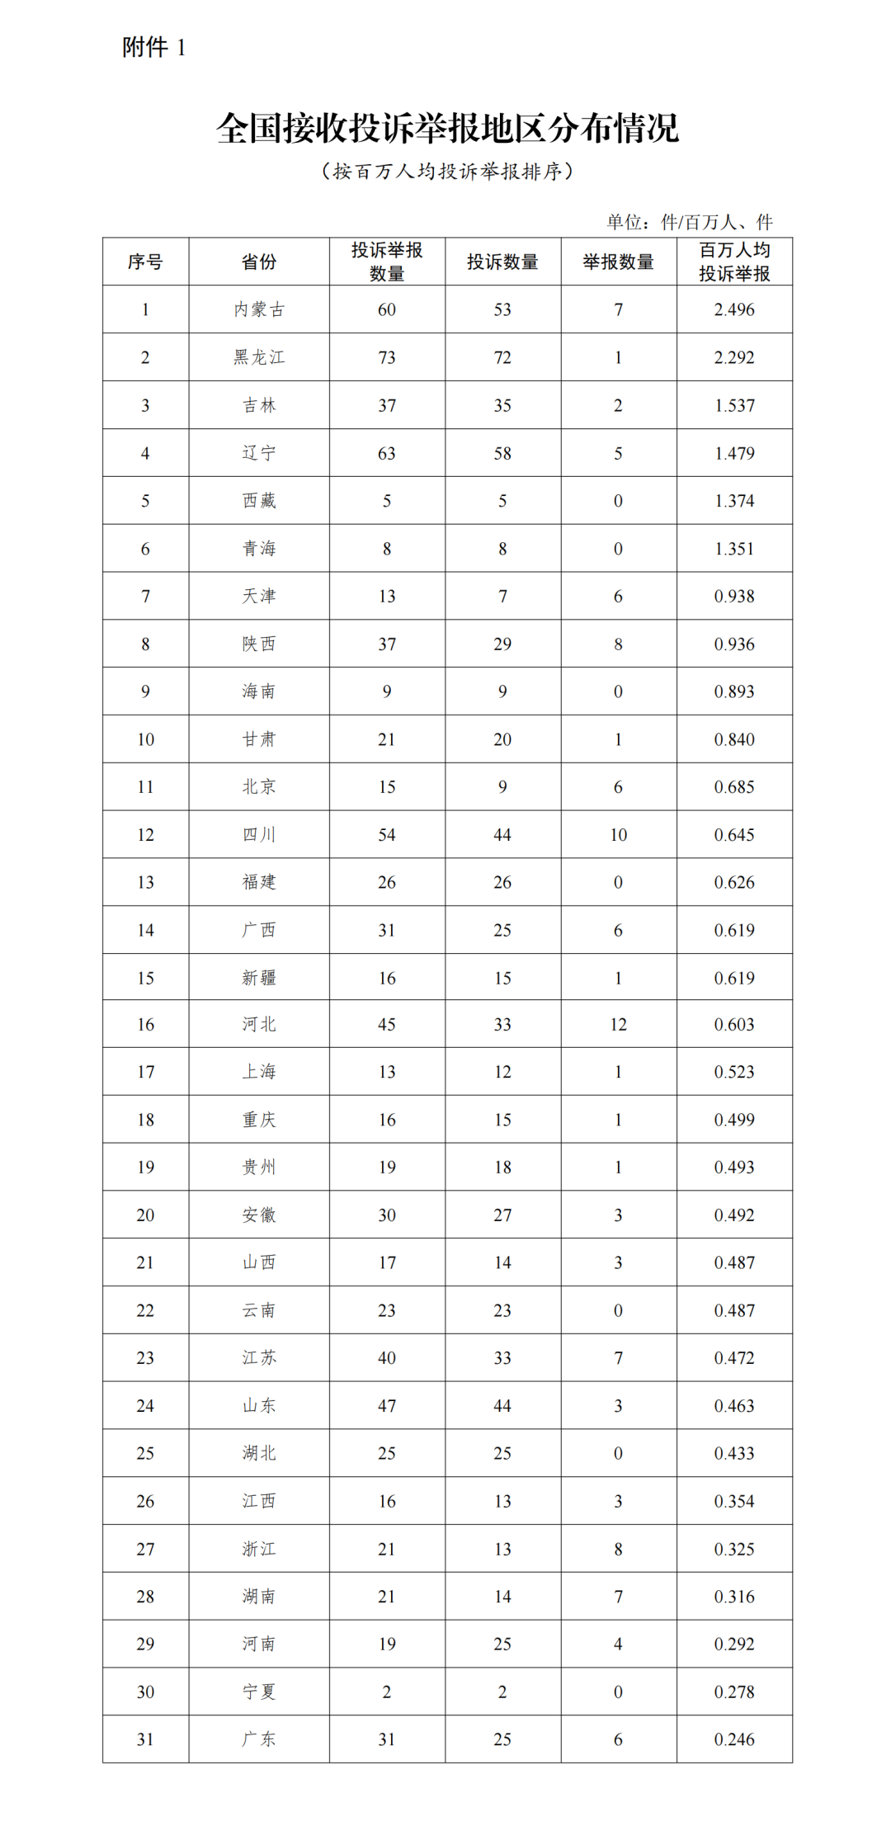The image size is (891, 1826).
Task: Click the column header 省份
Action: (x=259, y=262)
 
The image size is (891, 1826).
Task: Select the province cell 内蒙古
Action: (x=259, y=309)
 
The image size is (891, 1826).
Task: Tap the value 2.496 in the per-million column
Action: (x=734, y=309)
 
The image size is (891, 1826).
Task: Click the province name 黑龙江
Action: (x=259, y=357)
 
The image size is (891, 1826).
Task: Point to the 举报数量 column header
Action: (x=618, y=262)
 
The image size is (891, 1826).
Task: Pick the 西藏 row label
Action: (x=259, y=501)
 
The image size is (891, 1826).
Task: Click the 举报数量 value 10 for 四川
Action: (x=618, y=835)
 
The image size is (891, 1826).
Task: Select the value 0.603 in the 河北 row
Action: (x=734, y=1025)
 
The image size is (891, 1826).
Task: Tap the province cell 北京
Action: (x=259, y=787)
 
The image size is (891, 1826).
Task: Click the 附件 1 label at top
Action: (x=154, y=48)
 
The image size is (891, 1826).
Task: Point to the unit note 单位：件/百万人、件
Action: (x=690, y=222)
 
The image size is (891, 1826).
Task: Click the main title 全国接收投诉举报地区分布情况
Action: (x=447, y=129)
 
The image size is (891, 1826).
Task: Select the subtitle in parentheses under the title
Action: (x=447, y=172)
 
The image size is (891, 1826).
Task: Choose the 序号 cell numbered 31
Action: (x=145, y=1739)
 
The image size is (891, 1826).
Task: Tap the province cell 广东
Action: (x=259, y=1739)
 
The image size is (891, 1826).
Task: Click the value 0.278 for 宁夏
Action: (x=734, y=1692)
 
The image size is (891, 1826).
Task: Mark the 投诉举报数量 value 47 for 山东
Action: (x=387, y=1406)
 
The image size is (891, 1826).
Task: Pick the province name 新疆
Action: (x=259, y=978)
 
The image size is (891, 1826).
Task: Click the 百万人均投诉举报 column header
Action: (x=734, y=262)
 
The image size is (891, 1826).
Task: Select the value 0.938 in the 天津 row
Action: (x=734, y=597)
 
